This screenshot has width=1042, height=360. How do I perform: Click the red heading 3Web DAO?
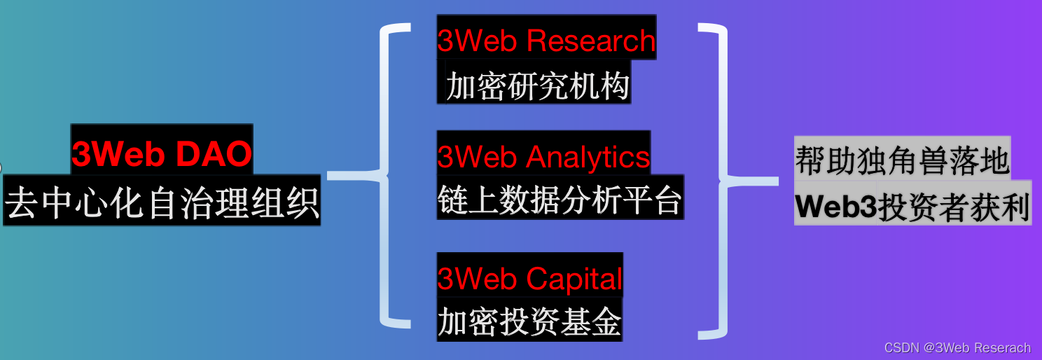click(162, 154)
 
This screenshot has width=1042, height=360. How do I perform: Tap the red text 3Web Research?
click(546, 41)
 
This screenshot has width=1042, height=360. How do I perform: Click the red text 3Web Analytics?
click(543, 156)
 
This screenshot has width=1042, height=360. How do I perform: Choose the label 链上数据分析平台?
click(560, 200)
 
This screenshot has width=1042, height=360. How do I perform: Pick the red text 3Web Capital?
click(529, 279)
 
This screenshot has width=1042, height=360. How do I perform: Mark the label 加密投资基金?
click(529, 322)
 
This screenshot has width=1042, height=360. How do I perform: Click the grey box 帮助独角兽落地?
click(902, 160)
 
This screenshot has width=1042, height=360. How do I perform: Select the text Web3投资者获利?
click(912, 207)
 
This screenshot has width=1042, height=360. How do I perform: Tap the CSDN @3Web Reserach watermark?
click(957, 348)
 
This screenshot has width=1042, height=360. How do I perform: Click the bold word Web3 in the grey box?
click(836, 207)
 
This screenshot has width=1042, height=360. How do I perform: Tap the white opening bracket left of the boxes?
click(389, 175)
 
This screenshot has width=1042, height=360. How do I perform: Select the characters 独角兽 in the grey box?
click(902, 160)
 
